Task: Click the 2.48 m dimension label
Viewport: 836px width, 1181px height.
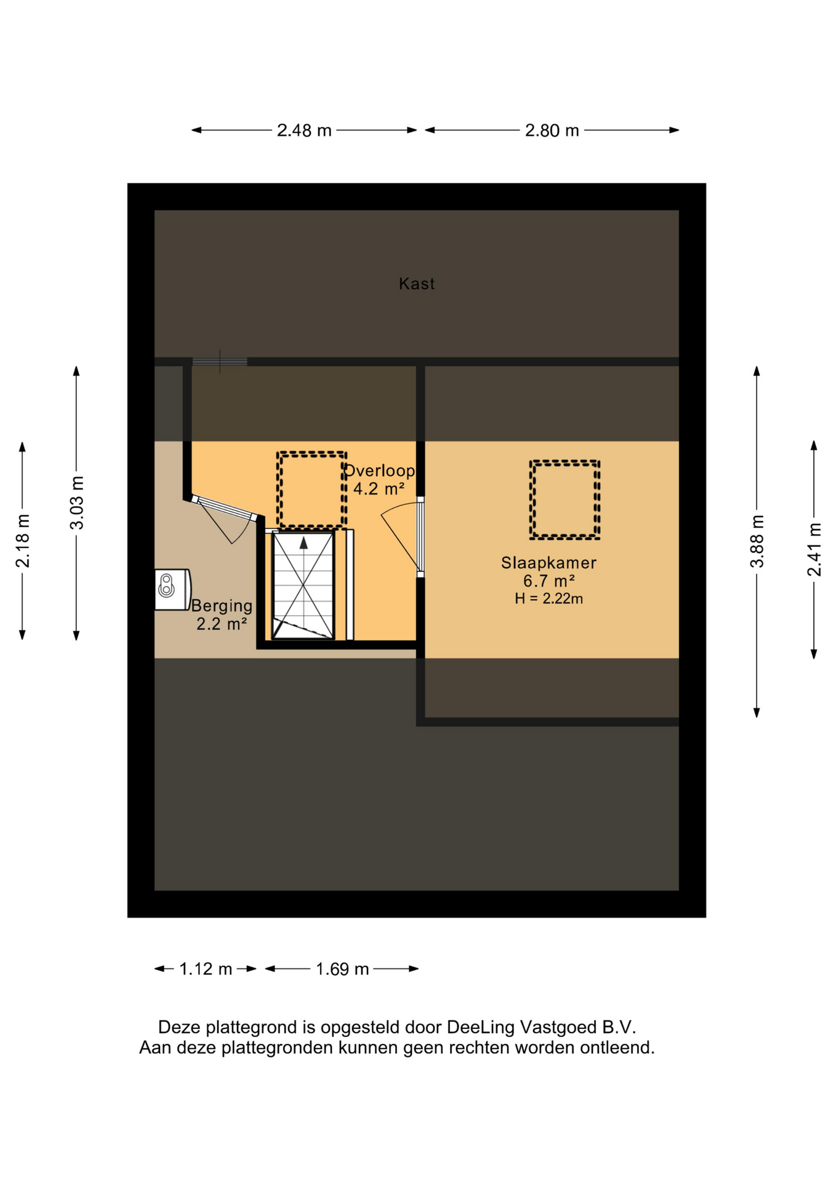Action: (x=304, y=130)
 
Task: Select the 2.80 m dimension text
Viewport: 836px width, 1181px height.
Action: (x=552, y=130)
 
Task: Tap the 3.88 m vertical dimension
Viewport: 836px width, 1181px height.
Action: (x=757, y=541)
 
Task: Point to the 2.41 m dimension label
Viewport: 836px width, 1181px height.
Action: (x=814, y=549)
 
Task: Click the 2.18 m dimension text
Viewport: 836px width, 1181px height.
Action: (x=23, y=541)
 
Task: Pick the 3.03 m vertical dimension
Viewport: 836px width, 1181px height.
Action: (x=76, y=503)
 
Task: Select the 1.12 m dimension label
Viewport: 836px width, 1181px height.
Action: (x=206, y=969)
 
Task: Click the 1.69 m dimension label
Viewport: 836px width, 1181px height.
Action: (x=342, y=969)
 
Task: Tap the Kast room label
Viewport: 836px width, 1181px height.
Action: (x=417, y=284)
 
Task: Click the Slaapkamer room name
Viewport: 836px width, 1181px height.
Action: (x=549, y=562)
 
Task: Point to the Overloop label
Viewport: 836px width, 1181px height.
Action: (x=379, y=471)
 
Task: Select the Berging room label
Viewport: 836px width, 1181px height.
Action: (x=222, y=606)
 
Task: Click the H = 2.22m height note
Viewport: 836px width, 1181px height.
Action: (x=549, y=598)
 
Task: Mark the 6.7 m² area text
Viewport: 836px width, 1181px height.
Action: (x=549, y=581)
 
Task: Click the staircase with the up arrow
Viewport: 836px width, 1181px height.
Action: (x=303, y=586)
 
